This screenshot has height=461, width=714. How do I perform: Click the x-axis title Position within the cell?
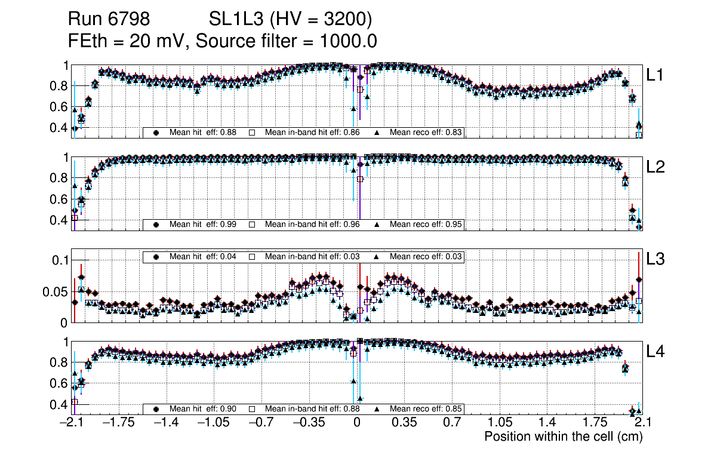pos(564,437)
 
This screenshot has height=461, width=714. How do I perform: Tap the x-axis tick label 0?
pos(357,423)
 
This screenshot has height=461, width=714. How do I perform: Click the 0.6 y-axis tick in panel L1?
pos(59,107)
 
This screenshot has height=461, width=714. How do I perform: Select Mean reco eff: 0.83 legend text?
pos(426,133)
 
